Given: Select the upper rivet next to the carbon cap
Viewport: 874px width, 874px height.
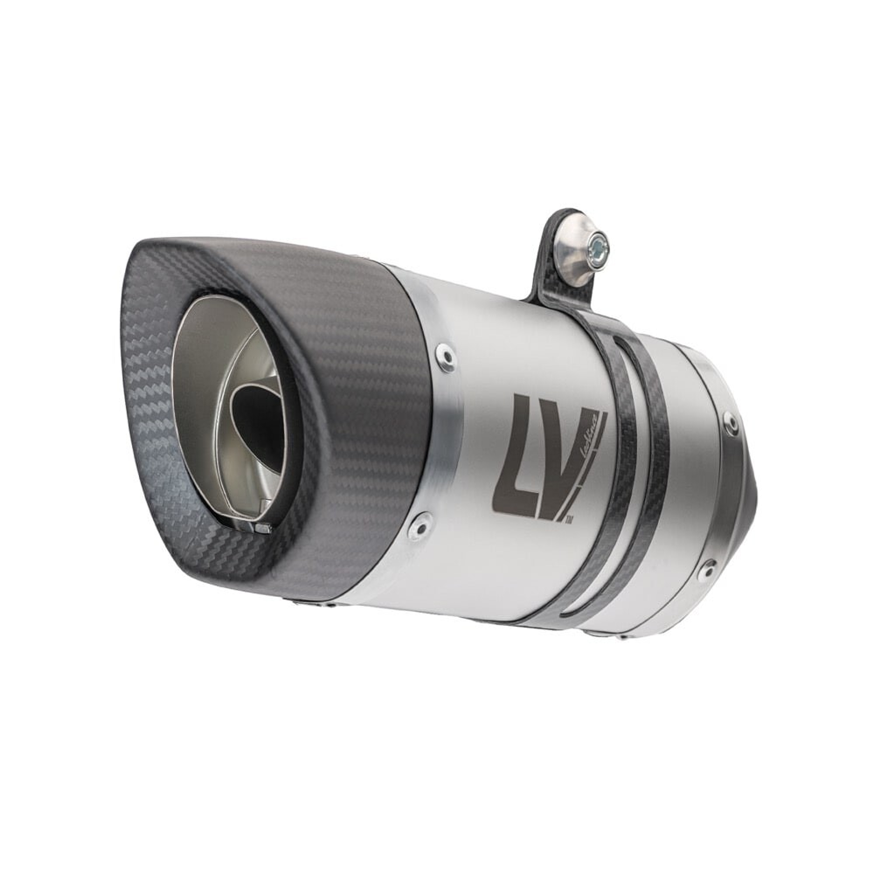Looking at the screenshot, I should point(446,357).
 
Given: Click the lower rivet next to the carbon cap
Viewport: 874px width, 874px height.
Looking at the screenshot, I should point(422,524).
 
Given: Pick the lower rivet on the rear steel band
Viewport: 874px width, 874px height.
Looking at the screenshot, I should point(708,568).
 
